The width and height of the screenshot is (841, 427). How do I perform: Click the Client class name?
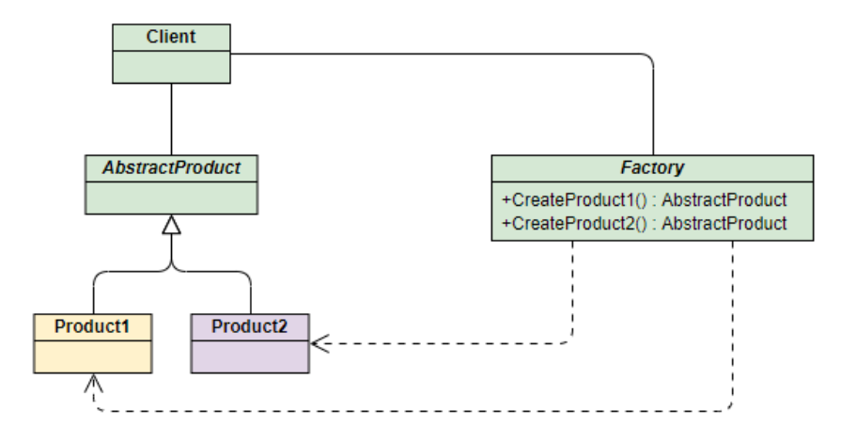click(171, 37)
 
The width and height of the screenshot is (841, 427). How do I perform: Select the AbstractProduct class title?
click(172, 168)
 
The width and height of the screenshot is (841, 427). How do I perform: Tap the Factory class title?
click(652, 168)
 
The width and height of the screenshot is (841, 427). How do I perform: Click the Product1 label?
click(92, 326)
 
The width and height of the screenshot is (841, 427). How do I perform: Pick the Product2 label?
click(250, 326)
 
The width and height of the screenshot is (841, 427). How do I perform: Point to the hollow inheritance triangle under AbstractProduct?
click(172, 225)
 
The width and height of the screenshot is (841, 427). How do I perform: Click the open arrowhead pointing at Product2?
click(319, 342)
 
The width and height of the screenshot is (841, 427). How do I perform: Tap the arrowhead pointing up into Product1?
click(93, 383)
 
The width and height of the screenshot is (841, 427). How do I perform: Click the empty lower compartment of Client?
click(172, 67)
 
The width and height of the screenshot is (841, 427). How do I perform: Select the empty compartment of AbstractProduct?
click(172, 198)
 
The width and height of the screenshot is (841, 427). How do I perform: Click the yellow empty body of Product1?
click(93, 356)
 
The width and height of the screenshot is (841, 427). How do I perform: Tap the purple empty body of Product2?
click(250, 356)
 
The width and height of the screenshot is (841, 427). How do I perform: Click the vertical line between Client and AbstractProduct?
click(172, 119)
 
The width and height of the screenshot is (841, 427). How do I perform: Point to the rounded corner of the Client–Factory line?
click(649, 57)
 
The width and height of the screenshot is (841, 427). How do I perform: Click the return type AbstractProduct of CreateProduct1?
click(724, 200)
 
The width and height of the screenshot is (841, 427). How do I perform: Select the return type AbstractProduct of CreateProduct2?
click(724, 224)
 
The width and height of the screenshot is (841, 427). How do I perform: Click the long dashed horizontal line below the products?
click(413, 411)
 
